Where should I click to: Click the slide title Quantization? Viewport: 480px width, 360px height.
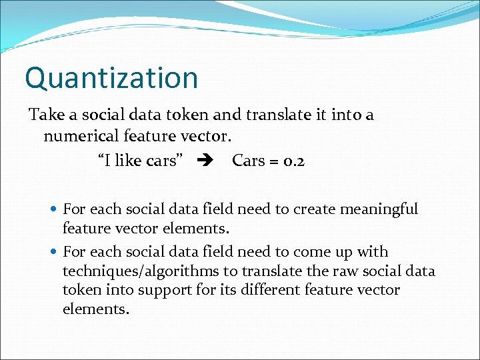111,77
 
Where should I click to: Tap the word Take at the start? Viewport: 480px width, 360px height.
46,115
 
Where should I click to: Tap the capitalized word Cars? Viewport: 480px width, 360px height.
248,161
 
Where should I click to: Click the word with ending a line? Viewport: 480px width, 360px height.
373,252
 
